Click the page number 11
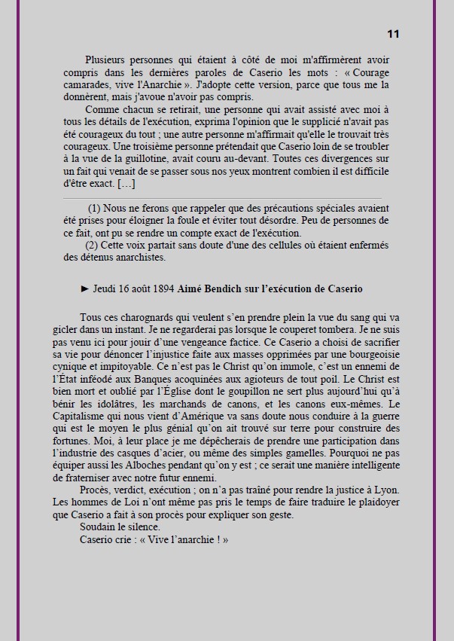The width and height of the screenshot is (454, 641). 393,34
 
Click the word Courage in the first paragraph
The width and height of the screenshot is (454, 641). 373,72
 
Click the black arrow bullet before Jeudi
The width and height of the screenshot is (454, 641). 85,289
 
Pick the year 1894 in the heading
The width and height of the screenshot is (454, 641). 160,289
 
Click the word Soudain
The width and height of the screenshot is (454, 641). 98,527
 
